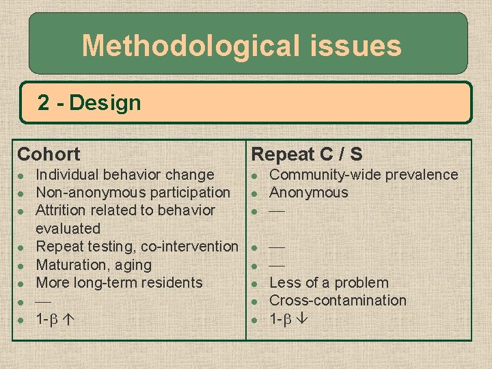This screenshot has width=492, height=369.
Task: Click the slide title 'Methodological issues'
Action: [241, 46]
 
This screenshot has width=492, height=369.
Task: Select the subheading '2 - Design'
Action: [89, 103]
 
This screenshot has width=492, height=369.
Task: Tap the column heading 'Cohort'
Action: [49, 154]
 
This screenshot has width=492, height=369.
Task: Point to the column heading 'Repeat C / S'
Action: [307, 154]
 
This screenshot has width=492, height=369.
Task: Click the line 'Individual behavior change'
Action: [124, 175]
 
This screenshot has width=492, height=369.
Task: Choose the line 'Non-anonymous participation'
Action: [133, 193]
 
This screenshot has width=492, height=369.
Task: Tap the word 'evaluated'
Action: [68, 228]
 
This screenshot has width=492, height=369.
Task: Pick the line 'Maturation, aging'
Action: [94, 264]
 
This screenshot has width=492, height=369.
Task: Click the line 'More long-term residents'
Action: [119, 282]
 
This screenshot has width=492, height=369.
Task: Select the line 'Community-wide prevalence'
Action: [364, 175]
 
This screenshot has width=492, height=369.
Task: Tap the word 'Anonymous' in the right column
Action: [309, 193]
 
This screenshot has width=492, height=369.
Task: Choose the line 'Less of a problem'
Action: [329, 282]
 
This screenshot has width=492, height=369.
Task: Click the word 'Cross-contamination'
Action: [338, 300]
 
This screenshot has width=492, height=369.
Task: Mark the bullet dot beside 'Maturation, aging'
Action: [21, 265]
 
